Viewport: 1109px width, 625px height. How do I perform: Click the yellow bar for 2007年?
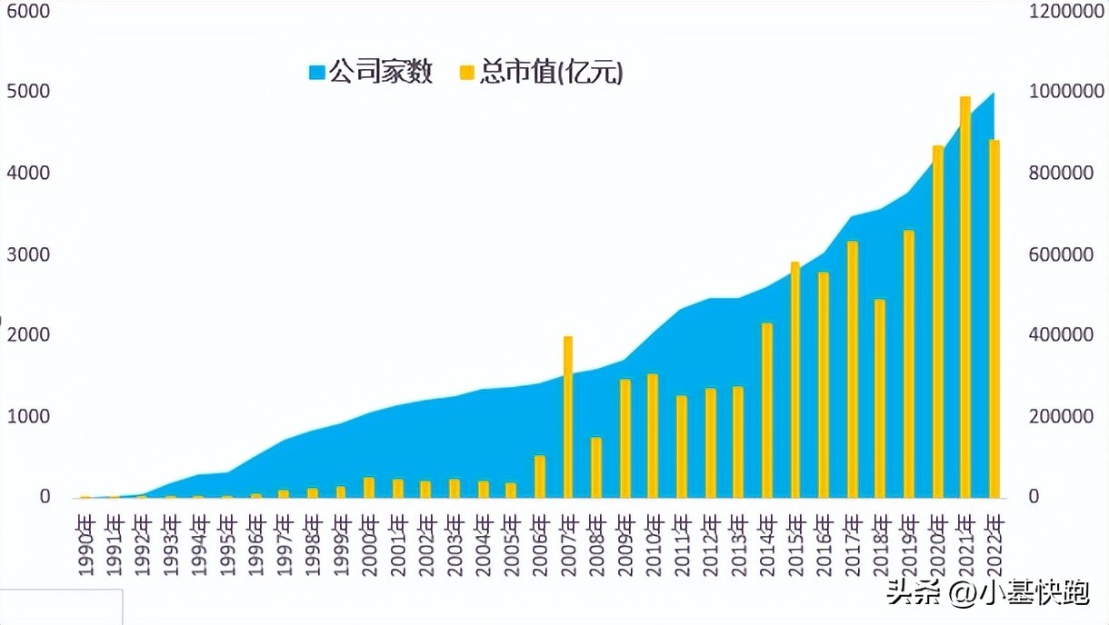[568, 418]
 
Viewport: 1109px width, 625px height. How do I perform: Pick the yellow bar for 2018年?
[880, 399]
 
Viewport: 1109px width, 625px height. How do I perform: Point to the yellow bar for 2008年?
[596, 468]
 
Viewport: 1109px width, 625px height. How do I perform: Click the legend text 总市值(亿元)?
[552, 73]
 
